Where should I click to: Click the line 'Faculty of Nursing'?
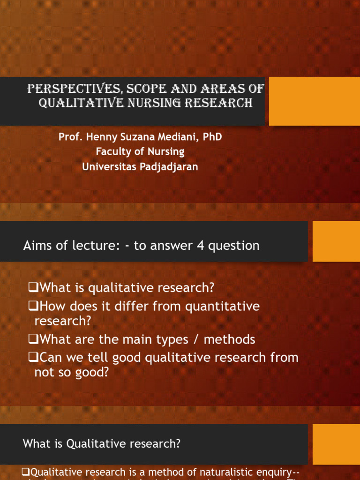click(x=140, y=152)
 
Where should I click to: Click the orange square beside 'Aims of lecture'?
click(x=336, y=241)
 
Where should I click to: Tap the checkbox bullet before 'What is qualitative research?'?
click(x=33, y=287)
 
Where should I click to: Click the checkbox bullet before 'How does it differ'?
click(x=33, y=307)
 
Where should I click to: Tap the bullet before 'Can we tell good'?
click(x=33, y=358)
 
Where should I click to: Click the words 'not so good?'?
click(x=72, y=373)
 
